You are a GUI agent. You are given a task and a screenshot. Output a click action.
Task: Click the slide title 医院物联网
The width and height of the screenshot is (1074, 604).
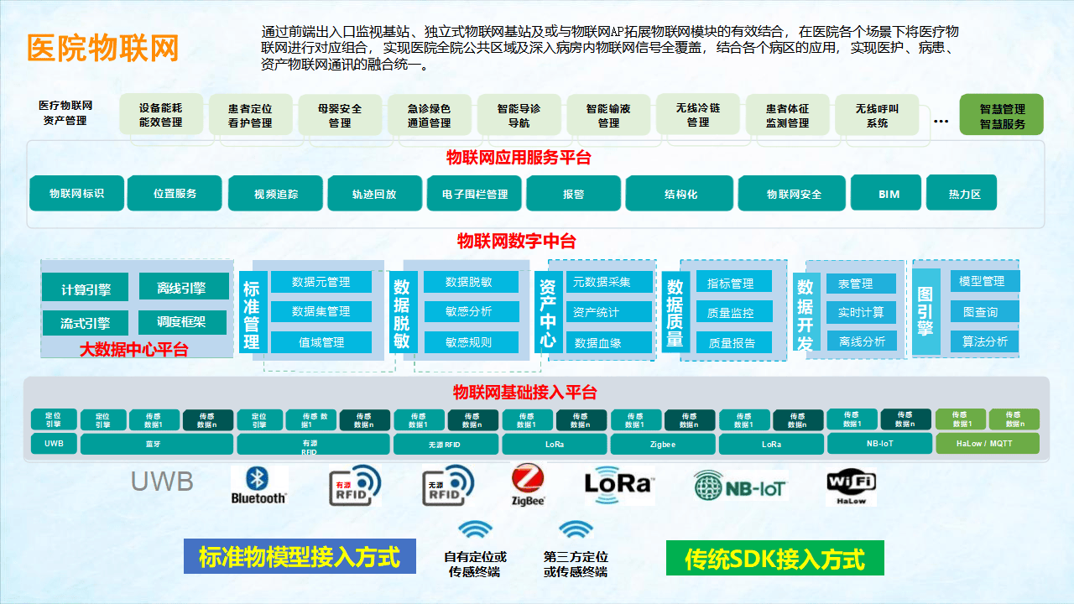tap(102, 48)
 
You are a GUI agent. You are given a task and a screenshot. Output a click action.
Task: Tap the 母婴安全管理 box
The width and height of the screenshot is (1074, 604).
tap(340, 116)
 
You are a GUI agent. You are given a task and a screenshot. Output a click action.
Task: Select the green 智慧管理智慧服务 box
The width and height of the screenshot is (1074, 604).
tap(1002, 116)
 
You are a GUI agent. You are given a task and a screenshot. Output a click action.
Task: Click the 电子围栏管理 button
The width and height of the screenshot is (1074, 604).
tap(475, 194)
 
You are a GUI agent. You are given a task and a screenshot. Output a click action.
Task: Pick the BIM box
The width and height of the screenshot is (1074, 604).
tap(889, 194)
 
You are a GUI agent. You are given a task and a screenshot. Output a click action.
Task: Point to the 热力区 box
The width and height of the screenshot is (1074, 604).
tap(965, 194)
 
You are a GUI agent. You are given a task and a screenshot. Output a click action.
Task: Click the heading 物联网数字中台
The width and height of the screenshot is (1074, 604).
tap(516, 242)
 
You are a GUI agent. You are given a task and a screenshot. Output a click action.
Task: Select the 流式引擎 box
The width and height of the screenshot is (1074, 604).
tap(86, 323)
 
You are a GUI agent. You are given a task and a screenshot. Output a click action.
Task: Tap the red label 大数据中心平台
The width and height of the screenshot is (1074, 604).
tap(133, 350)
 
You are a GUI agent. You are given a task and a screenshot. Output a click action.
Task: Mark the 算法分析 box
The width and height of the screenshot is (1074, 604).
tap(984, 341)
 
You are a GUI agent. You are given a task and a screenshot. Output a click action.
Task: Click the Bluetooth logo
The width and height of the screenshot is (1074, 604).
tap(259, 486)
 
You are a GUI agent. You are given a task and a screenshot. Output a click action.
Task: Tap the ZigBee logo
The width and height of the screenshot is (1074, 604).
tap(529, 486)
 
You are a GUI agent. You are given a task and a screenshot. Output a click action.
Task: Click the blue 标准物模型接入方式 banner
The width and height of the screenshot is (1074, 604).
tap(300, 556)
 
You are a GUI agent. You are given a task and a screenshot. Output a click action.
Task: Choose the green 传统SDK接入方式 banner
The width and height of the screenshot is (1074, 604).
tap(774, 558)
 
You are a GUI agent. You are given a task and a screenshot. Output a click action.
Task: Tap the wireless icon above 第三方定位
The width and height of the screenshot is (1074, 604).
tap(576, 530)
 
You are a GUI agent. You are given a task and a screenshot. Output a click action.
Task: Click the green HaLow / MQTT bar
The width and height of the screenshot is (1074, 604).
tap(987, 444)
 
